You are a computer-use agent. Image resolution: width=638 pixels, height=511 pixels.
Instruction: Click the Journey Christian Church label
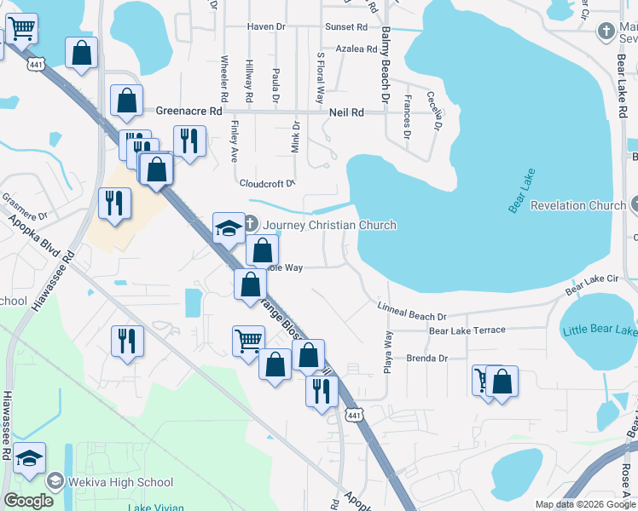click(329, 225)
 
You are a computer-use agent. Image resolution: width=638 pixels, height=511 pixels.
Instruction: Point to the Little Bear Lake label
click(600, 330)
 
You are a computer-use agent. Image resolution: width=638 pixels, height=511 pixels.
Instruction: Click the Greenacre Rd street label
click(188, 111)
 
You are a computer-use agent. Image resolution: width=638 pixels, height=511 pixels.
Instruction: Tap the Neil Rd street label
click(346, 112)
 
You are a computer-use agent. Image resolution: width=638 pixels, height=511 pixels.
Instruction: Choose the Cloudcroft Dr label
click(267, 182)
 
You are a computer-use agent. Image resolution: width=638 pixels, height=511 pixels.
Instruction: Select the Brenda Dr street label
click(426, 359)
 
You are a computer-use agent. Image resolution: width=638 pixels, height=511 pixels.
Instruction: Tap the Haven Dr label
click(266, 26)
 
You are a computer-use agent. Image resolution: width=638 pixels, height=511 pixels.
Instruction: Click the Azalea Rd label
click(357, 49)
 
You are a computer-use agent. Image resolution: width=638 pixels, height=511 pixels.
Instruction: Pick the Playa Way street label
click(388, 348)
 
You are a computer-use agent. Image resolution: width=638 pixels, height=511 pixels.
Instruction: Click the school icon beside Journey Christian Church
click(229, 227)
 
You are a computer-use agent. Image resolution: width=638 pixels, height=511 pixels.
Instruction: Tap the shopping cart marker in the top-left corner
click(21, 30)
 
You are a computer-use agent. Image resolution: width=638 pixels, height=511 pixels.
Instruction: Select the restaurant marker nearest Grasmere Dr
click(114, 203)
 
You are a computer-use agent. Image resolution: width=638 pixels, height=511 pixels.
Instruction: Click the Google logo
click(28, 501)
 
